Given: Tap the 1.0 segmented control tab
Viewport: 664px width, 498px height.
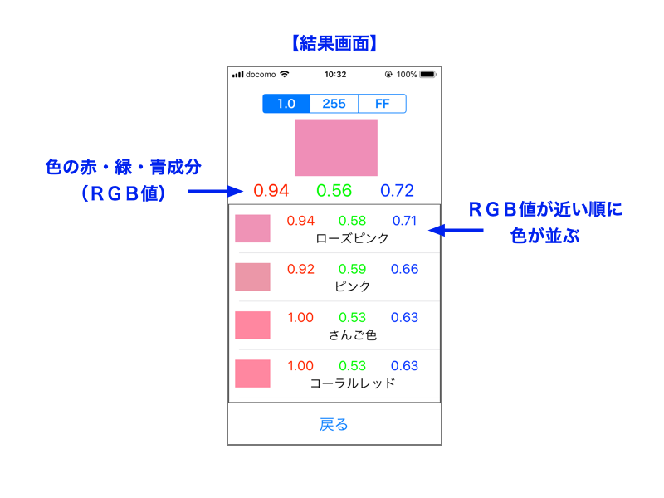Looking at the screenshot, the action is pyautogui.click(x=286, y=104).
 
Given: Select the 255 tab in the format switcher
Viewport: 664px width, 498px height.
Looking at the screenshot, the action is pyautogui.click(x=334, y=104).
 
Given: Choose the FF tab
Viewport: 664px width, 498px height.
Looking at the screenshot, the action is pyautogui.click(x=383, y=104).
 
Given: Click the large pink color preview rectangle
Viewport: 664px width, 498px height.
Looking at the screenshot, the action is pyautogui.click(x=336, y=148).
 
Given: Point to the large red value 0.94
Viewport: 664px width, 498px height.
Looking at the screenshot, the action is pyautogui.click(x=271, y=191).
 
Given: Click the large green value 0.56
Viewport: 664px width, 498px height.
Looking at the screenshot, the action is pyautogui.click(x=334, y=191).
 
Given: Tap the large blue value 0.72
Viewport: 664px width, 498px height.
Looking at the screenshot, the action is pyautogui.click(x=397, y=191).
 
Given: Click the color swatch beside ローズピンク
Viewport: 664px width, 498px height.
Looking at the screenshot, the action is pyautogui.click(x=252, y=229).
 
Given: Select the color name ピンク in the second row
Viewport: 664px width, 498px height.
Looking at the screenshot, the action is pyautogui.click(x=352, y=286).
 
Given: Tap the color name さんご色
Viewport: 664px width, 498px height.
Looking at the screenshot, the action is pyautogui.click(x=352, y=335).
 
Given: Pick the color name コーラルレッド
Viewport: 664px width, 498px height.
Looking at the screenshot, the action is pyautogui.click(x=352, y=383).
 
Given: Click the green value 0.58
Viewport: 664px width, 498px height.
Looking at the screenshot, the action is pyautogui.click(x=352, y=221).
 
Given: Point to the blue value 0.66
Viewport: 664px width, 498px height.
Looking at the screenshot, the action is pyautogui.click(x=404, y=269).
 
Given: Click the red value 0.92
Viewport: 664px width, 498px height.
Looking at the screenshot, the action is pyautogui.click(x=300, y=269).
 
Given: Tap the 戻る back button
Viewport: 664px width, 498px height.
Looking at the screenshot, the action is pyautogui.click(x=334, y=424).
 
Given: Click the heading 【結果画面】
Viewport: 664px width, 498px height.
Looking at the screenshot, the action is pyautogui.click(x=334, y=43).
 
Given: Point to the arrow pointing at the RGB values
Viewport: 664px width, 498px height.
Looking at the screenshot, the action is pyautogui.click(x=216, y=192).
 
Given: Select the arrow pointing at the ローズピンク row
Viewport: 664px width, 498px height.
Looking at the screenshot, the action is pyautogui.click(x=456, y=231).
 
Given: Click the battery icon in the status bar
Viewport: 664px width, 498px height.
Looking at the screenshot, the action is pyautogui.click(x=427, y=75).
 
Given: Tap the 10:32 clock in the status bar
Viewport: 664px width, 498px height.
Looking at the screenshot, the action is pyautogui.click(x=335, y=75).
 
